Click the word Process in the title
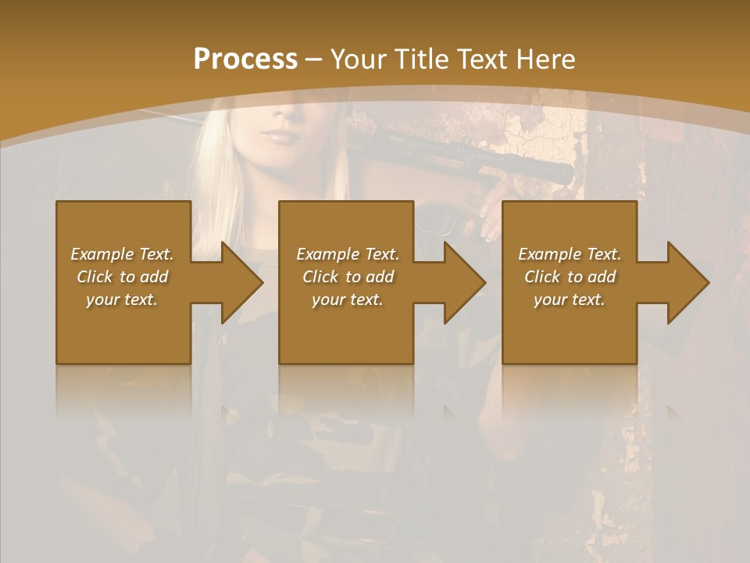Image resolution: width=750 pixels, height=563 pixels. click(x=245, y=59)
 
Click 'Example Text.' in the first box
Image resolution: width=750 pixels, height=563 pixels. click(x=122, y=254)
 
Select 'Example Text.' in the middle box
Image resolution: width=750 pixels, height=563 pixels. click(x=348, y=254)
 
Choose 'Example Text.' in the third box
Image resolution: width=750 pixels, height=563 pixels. click(x=570, y=254)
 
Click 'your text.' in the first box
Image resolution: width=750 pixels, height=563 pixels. click(x=122, y=299)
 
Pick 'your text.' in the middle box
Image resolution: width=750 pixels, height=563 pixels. click(x=348, y=299)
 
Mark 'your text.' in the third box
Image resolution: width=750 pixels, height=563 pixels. click(x=570, y=299)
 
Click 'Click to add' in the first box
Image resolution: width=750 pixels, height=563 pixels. click(x=122, y=277)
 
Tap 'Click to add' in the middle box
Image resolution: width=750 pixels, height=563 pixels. click(x=348, y=277)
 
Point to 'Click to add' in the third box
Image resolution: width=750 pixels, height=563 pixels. click(x=570, y=277)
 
